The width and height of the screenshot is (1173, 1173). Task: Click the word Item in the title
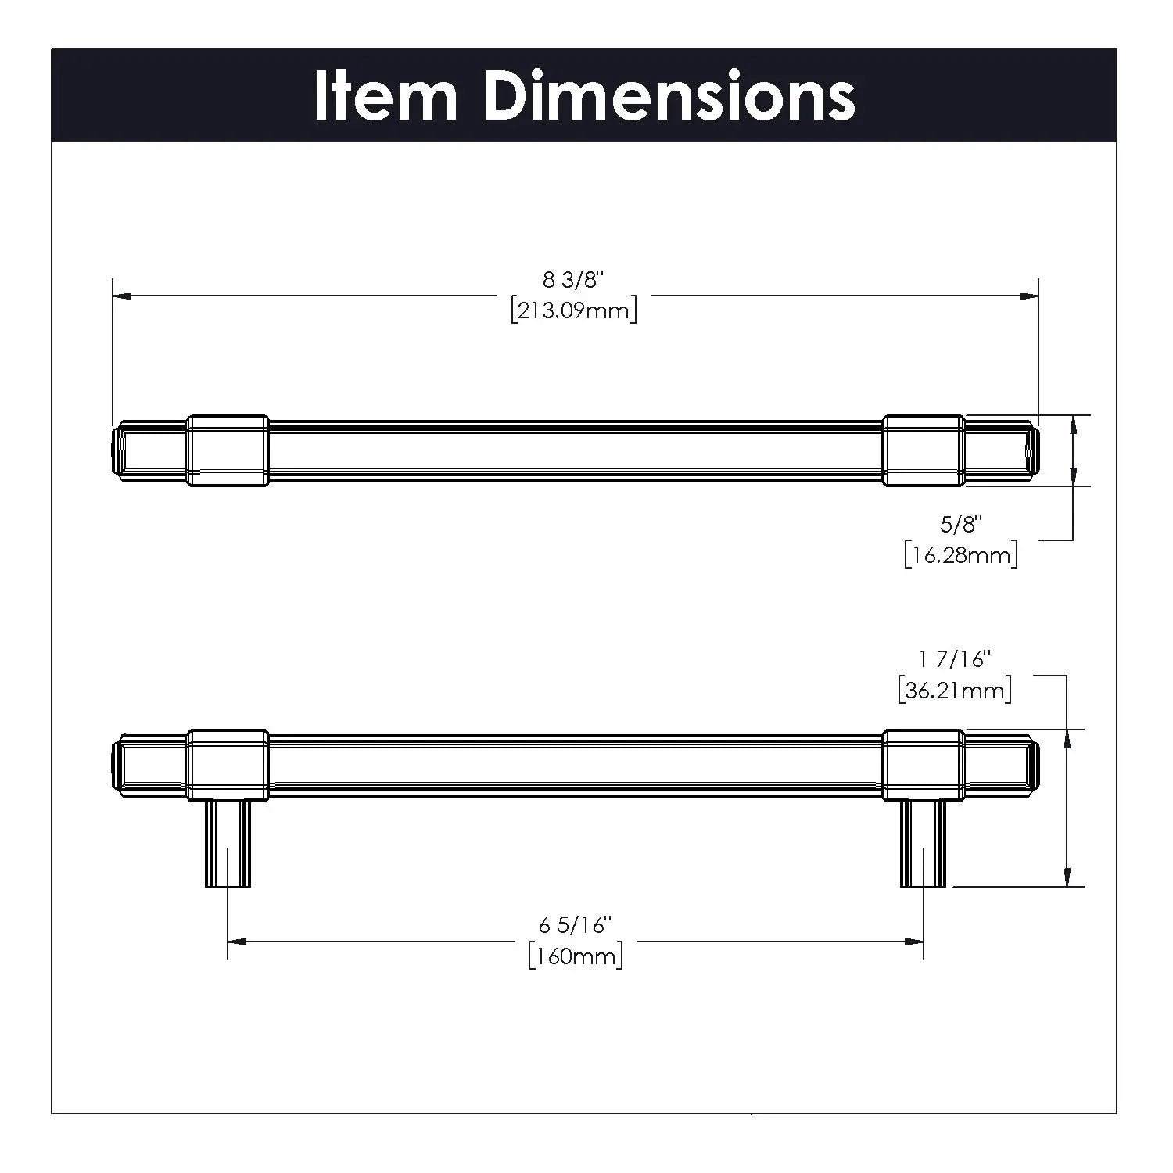[386, 96]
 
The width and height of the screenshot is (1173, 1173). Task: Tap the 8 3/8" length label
[575, 280]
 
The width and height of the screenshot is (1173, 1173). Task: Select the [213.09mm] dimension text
[574, 310]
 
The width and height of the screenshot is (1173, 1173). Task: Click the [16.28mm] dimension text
[961, 555]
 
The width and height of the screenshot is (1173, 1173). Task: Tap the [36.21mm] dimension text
[955, 691]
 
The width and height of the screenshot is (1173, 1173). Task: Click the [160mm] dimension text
[576, 956]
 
